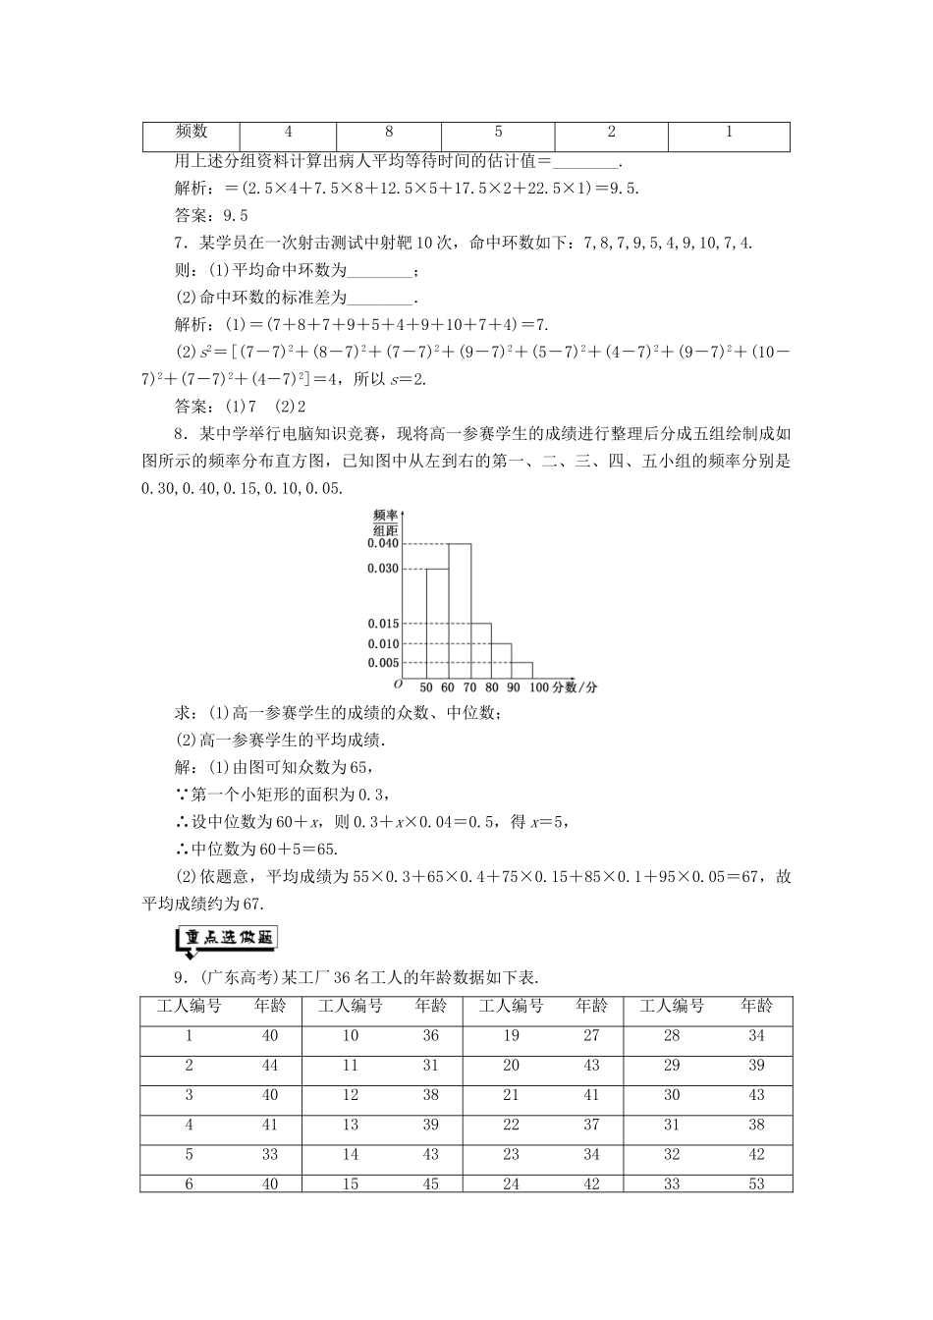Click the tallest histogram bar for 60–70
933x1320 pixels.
(x=459, y=611)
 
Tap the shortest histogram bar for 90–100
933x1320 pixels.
(x=521, y=672)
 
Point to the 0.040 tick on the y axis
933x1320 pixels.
(x=383, y=544)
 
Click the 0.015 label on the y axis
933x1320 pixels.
(x=383, y=624)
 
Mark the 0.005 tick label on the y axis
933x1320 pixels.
(x=383, y=663)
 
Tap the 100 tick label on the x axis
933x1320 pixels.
(x=538, y=687)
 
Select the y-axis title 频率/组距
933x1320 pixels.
(x=386, y=522)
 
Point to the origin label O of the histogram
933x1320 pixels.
(x=398, y=685)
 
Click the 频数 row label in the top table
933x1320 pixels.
(x=192, y=133)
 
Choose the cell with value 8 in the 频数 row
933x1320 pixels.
(x=389, y=133)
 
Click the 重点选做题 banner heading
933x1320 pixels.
(x=226, y=939)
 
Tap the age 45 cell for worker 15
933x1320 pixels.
(x=430, y=1184)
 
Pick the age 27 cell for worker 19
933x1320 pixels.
(x=591, y=1036)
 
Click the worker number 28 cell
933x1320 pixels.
(x=672, y=1036)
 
